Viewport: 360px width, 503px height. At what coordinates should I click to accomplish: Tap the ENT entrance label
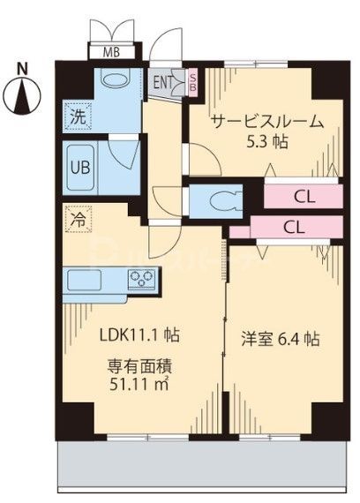pyautogui.click(x=164, y=84)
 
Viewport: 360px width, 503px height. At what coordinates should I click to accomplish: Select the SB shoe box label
pyautogui.click(x=193, y=82)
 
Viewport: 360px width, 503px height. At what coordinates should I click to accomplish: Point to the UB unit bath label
pyautogui.click(x=78, y=164)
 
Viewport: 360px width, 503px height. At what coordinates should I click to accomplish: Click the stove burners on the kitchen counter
pyautogui.click(x=142, y=280)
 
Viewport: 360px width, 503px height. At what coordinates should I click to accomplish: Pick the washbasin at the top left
pyautogui.click(x=116, y=80)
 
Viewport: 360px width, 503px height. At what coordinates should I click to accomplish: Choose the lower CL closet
pyautogui.click(x=295, y=227)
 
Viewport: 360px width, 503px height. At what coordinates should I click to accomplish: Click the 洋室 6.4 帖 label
pyautogui.click(x=280, y=339)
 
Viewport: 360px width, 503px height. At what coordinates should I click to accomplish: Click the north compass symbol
pyautogui.click(x=26, y=91)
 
